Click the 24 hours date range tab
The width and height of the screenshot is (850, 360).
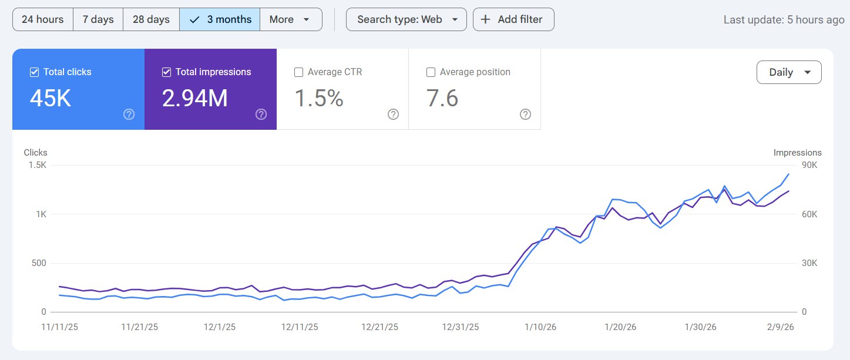42,19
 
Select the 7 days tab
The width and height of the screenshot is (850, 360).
98,19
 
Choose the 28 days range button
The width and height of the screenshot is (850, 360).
151,19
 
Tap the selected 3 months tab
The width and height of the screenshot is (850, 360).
220,19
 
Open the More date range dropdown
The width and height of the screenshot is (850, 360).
290,19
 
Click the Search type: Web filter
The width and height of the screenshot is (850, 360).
406,19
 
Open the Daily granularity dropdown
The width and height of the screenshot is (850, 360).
789,72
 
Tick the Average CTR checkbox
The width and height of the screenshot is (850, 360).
298,72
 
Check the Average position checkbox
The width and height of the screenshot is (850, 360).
431,72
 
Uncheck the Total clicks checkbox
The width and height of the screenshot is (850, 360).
34,72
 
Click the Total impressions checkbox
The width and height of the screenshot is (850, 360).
166,72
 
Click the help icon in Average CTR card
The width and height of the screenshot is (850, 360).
394,115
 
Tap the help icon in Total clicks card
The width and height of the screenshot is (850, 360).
129,115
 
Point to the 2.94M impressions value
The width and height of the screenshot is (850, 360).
194,99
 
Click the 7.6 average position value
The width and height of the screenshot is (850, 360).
442,99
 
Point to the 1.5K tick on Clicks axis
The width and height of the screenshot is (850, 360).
36,165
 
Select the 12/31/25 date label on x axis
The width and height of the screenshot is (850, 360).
461,327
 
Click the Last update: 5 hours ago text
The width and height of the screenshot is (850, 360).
784,19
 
